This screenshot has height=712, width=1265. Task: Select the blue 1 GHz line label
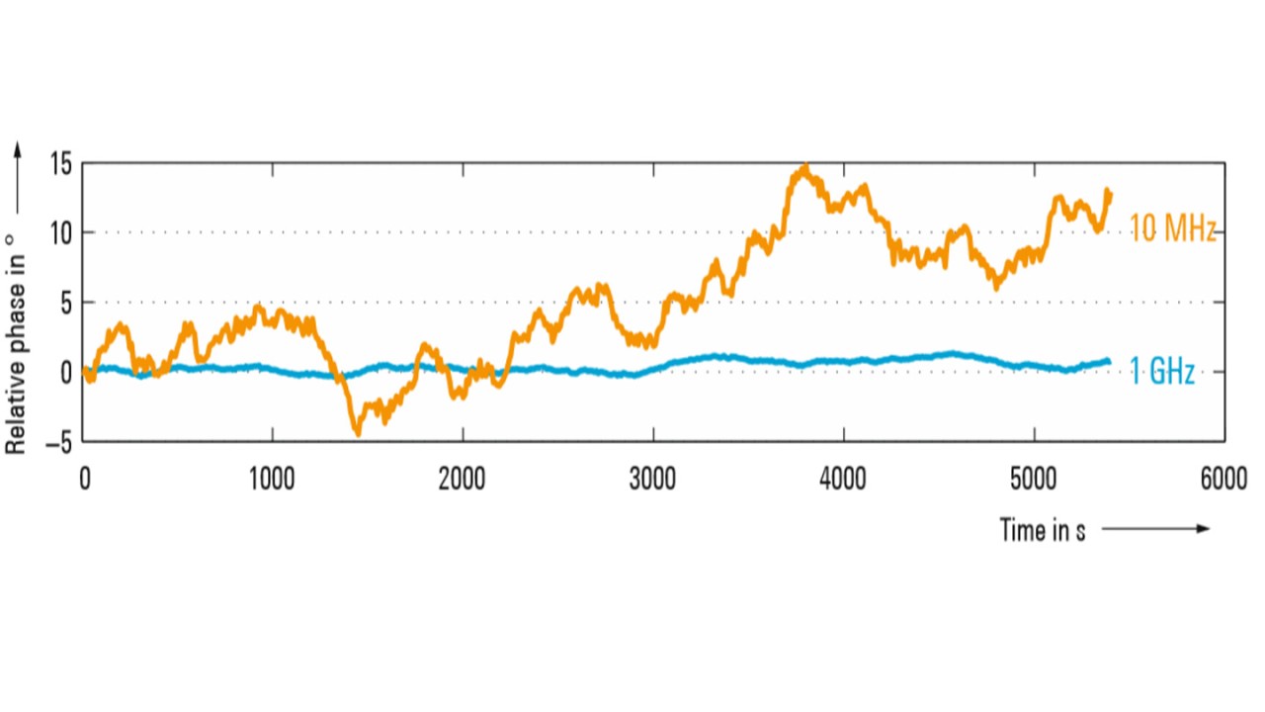pyautogui.click(x=1162, y=373)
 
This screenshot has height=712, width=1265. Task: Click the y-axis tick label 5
pyautogui.click(x=66, y=303)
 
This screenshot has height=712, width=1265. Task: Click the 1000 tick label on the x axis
pyautogui.click(x=272, y=480)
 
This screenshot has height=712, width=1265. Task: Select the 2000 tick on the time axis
pyautogui.click(x=463, y=480)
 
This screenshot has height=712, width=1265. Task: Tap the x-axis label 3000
pyautogui.click(x=653, y=480)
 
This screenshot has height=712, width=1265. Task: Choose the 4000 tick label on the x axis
pyautogui.click(x=844, y=480)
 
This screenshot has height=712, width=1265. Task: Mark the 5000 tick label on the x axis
pyautogui.click(x=1035, y=480)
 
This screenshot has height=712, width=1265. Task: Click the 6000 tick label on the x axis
pyautogui.click(x=1223, y=480)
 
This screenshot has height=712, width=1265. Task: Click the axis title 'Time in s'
pyautogui.click(x=1043, y=530)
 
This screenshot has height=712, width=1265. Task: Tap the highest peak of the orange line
pyautogui.click(x=805, y=167)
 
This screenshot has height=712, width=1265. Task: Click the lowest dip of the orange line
pyautogui.click(x=358, y=433)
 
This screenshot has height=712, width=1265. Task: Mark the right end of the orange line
pyautogui.click(x=1110, y=194)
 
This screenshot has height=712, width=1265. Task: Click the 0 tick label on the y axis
pyautogui.click(x=66, y=373)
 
